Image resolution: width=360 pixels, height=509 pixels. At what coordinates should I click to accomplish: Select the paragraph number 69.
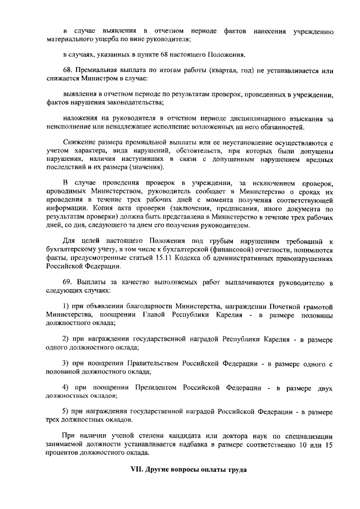pyautogui.click(x=67, y=282)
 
